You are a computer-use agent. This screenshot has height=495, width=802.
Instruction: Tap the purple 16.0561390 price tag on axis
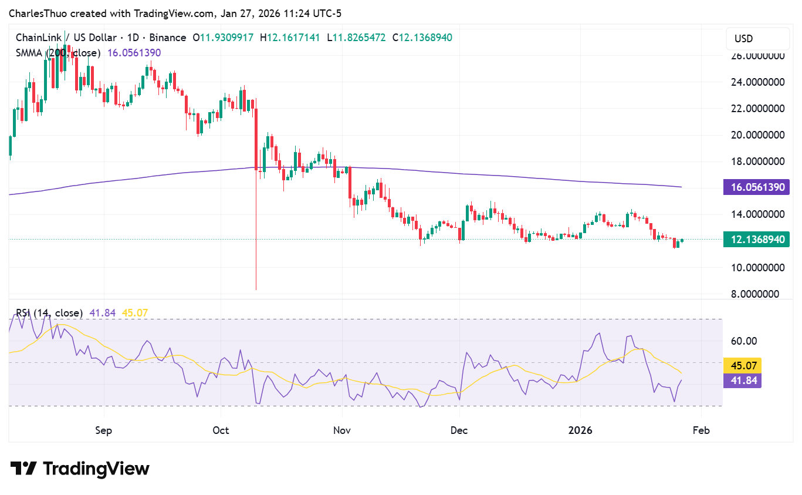click(x=757, y=187)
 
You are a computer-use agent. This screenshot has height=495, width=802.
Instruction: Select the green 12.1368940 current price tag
click(x=757, y=239)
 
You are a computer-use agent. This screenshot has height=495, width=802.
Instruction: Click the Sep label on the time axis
click(x=103, y=430)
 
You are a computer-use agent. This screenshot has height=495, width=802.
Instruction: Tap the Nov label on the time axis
click(x=341, y=430)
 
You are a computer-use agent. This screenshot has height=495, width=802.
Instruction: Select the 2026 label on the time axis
click(x=580, y=430)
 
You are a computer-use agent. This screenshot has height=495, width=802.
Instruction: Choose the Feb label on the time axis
click(x=701, y=430)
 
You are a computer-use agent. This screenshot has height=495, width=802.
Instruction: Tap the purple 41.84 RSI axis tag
click(x=743, y=381)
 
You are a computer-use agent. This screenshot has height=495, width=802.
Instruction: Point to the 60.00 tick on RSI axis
click(x=743, y=341)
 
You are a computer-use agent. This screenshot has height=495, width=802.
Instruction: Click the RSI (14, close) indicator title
click(x=49, y=313)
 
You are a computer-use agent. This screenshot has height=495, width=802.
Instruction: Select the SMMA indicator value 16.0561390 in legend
click(x=134, y=53)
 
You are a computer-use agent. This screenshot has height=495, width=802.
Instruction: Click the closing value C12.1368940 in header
click(x=422, y=38)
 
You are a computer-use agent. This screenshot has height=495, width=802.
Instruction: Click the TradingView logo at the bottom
click(x=80, y=469)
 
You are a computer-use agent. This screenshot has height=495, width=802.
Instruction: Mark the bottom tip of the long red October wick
click(x=256, y=289)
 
